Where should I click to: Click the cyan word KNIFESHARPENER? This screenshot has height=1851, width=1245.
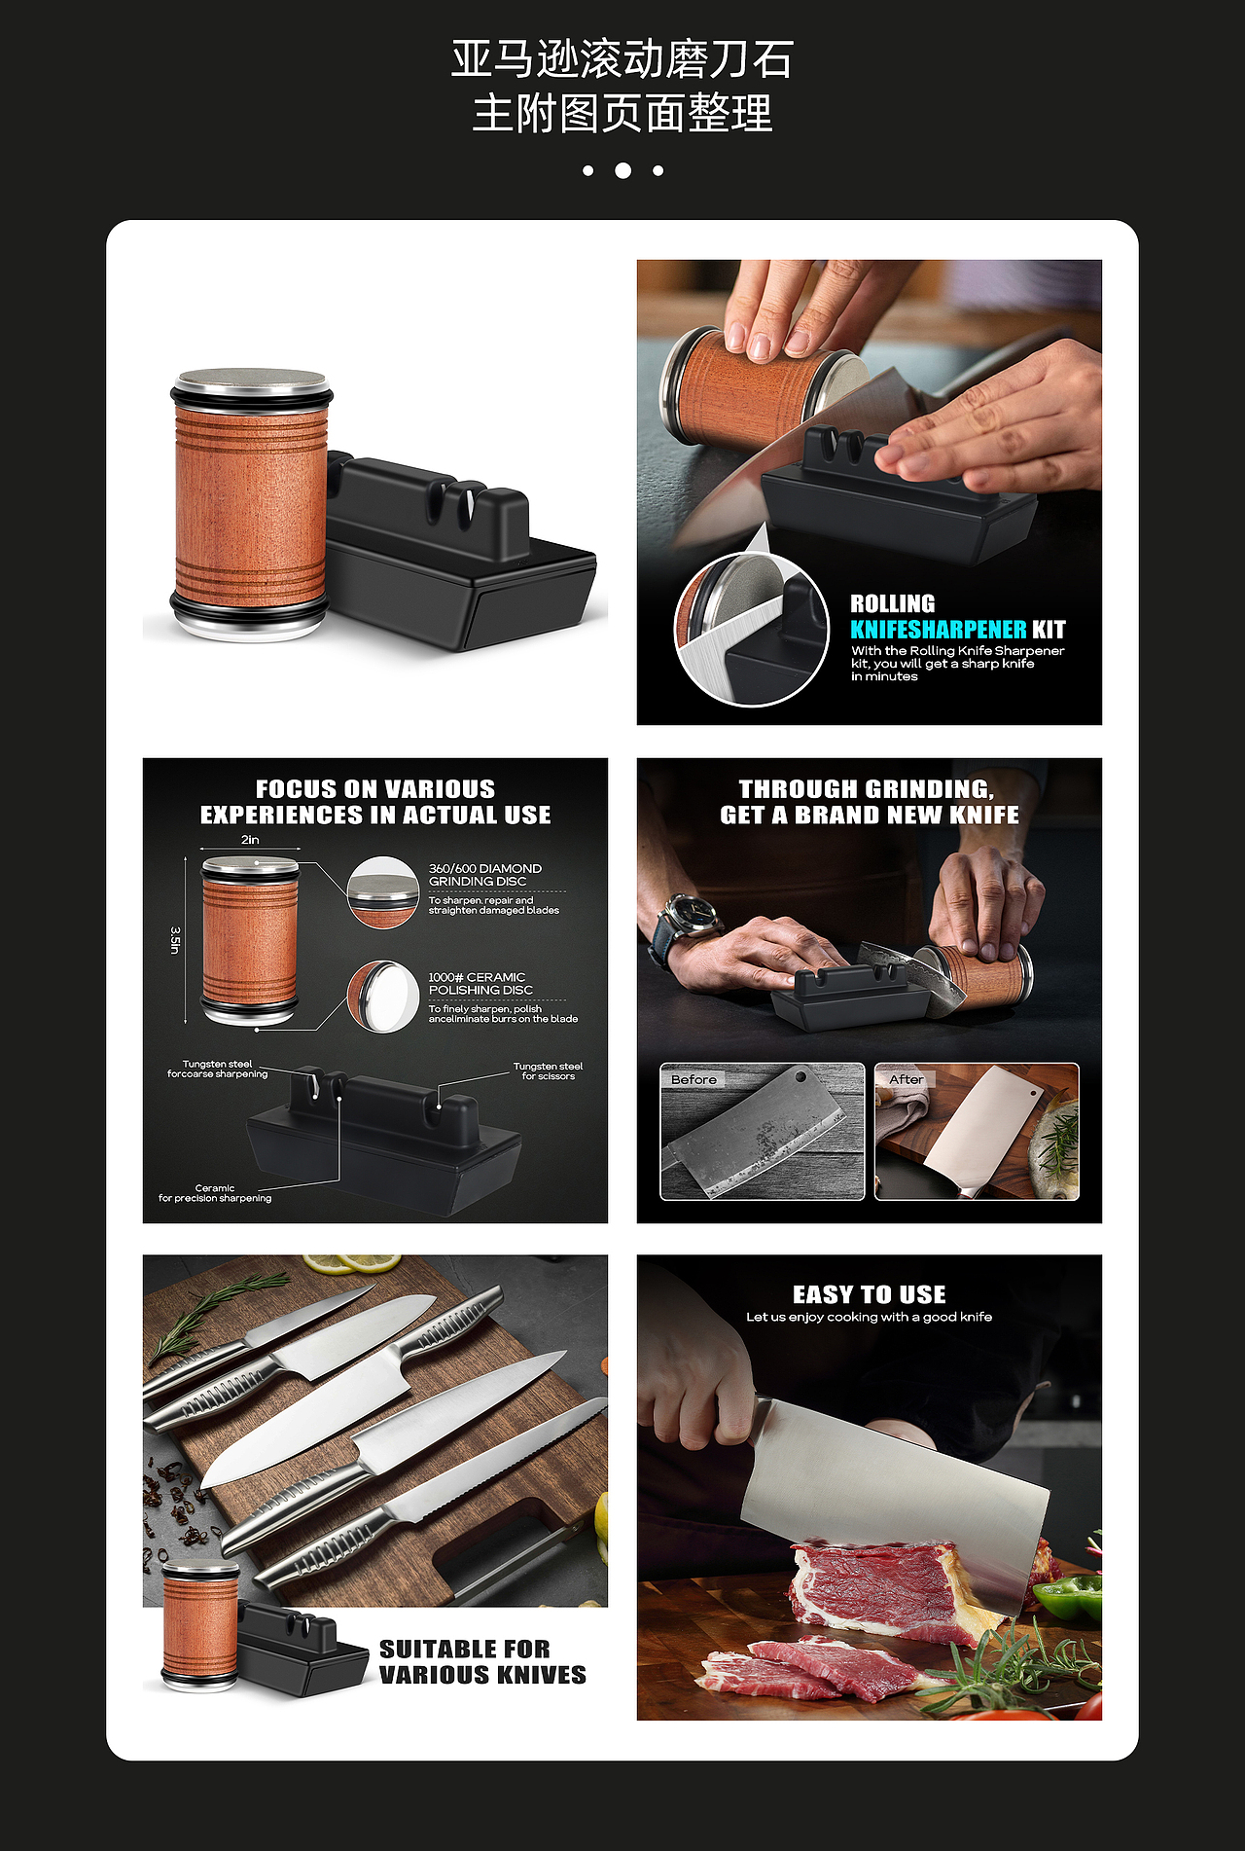click(x=939, y=630)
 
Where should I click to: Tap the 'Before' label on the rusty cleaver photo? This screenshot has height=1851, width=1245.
click(x=694, y=1079)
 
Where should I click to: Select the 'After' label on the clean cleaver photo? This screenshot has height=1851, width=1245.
click(x=907, y=1079)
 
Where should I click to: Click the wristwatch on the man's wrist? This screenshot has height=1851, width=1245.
click(x=688, y=925)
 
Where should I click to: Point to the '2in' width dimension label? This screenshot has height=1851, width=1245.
click(x=250, y=840)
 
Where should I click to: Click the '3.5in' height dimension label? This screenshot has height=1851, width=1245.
click(x=175, y=940)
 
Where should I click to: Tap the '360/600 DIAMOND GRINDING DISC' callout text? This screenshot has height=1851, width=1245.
click(x=485, y=875)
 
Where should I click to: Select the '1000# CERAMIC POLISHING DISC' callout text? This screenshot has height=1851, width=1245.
click(x=480, y=983)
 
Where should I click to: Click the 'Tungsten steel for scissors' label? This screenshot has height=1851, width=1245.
click(x=549, y=1071)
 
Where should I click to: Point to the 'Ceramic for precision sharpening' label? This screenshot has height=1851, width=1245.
click(x=215, y=1193)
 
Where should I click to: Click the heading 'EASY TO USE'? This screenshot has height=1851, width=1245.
click(x=870, y=1294)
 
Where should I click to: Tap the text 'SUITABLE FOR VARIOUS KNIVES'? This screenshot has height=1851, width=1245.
click(x=482, y=1661)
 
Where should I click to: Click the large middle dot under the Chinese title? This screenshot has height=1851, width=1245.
click(x=622, y=170)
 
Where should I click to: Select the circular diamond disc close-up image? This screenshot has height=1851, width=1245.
click(x=383, y=892)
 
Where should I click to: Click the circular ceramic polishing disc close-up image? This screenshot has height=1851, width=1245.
click(x=383, y=997)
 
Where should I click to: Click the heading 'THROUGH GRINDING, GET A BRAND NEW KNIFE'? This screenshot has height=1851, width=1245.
click(x=870, y=802)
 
